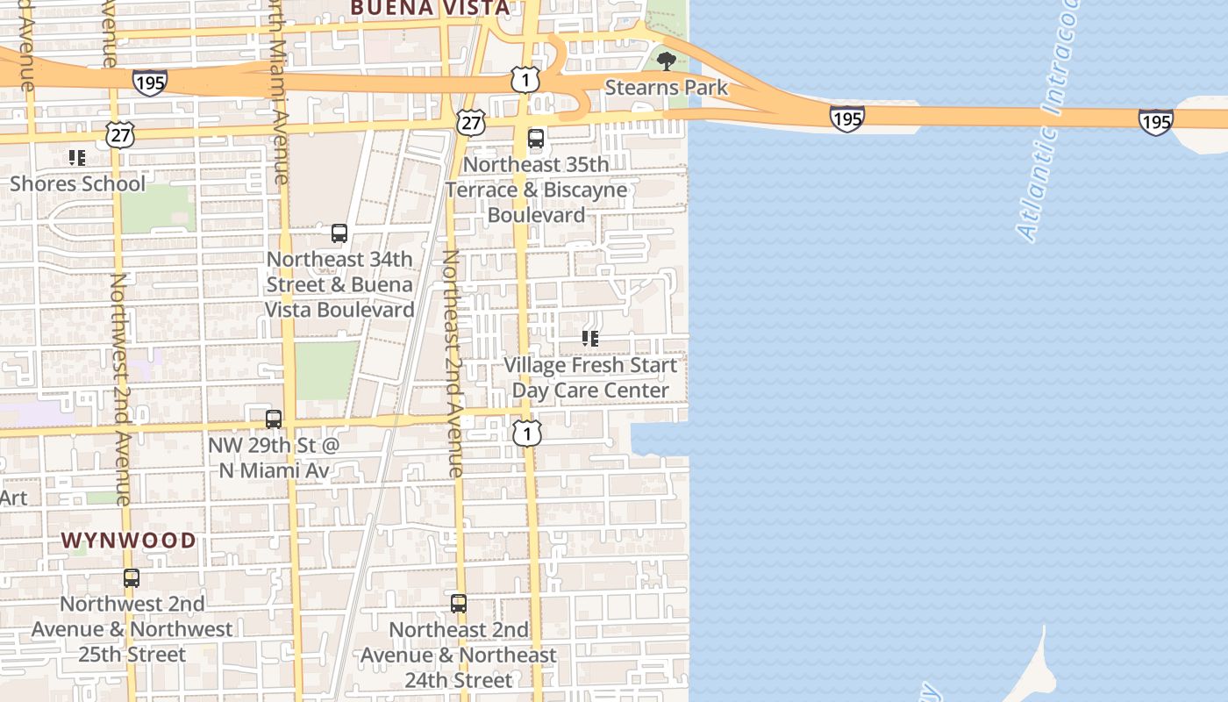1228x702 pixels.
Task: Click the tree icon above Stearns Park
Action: pos(667,61)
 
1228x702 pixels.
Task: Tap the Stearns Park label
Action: pos(667,88)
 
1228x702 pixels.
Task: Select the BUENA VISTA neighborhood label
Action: pos(430,9)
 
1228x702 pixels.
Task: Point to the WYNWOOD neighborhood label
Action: pos(129,540)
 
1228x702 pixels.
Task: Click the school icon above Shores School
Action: pos(77,158)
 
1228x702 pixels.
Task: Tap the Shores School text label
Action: pos(78,184)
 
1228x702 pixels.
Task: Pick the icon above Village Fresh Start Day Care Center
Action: pos(590,339)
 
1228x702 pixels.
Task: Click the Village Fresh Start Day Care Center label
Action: pos(590,377)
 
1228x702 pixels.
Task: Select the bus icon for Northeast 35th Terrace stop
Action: pos(536,139)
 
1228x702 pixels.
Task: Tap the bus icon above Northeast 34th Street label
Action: pos(339,233)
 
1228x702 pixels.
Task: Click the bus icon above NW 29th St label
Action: pos(274,419)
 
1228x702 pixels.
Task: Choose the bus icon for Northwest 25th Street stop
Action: pos(132,578)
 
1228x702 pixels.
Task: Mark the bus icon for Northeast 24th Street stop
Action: pos(459,604)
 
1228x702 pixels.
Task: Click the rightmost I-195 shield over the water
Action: pos(1155,121)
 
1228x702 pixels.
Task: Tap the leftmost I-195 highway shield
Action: pos(150,82)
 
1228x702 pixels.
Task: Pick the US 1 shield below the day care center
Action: pos(527,433)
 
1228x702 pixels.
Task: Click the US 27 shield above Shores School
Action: pos(120,134)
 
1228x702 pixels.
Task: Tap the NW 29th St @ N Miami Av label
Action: pos(274,458)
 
